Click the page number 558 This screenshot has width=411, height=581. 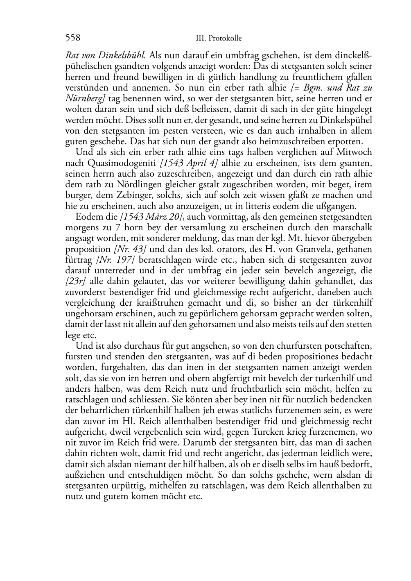(x=72, y=38)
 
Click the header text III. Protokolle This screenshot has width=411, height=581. (x=219, y=38)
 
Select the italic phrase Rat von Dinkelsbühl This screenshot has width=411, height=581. (x=106, y=55)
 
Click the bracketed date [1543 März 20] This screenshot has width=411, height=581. (x=149, y=217)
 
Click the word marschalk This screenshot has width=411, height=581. (x=352, y=227)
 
